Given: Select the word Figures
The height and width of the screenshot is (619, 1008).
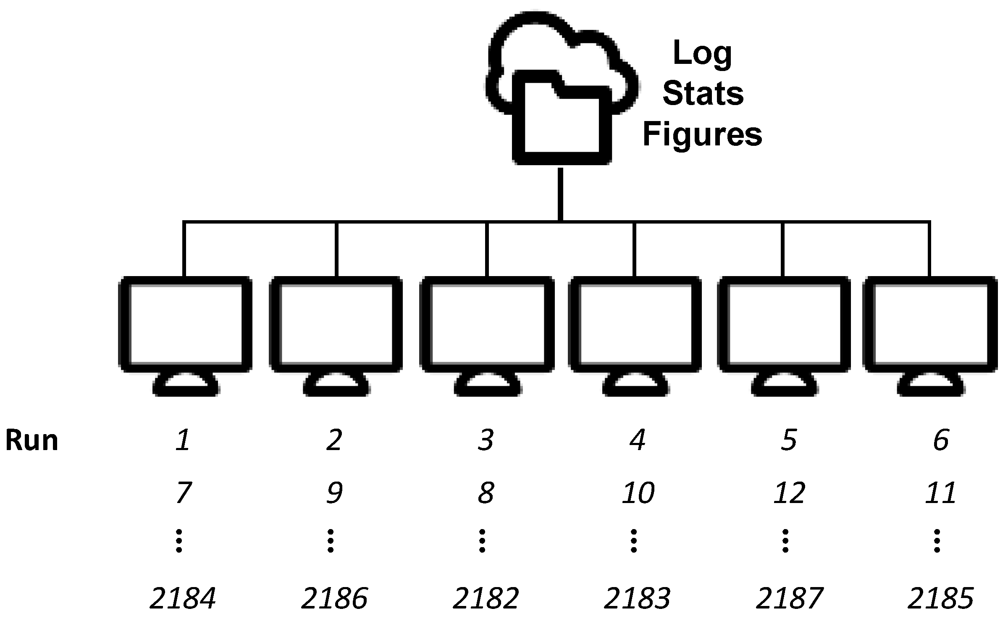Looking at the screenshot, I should coord(702,134).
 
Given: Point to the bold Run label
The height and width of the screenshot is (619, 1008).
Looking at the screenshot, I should coord(31,441).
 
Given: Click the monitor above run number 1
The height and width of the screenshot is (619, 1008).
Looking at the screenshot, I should coord(185,324).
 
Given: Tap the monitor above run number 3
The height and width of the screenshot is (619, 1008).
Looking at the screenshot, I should coord(487,324).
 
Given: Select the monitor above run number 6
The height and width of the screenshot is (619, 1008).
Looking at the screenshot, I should coord(930,324).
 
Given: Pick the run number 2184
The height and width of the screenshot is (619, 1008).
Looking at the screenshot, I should coord(183,598).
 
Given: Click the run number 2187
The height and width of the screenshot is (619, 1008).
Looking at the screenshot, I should coord(789,598).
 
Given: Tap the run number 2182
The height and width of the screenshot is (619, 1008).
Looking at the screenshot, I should coord(486,598).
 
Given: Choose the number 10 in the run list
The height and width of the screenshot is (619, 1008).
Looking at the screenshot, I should coord(638,493).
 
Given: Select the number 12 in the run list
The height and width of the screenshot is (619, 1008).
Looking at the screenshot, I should coord(789,493).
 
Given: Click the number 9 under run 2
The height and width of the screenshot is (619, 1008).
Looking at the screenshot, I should coord(334,493).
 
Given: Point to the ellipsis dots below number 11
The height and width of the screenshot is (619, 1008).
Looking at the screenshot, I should coord(937,541).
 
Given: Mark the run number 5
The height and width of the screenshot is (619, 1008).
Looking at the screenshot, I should coord(789,440).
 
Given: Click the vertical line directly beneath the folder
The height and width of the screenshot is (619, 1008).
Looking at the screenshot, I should coord(560,193).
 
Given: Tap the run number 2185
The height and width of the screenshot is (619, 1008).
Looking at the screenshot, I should coord(940,598).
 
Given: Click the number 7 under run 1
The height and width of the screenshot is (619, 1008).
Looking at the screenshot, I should coord(183,493).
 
